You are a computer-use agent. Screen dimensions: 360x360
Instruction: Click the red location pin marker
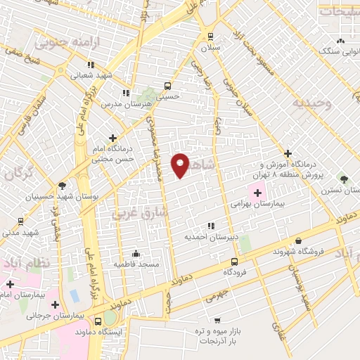click(181, 164)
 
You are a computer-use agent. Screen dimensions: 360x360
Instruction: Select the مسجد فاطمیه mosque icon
click(136, 253)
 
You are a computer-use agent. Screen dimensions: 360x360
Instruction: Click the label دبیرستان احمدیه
click(212, 237)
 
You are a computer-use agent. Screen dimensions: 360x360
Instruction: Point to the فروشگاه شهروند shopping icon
click(298, 240)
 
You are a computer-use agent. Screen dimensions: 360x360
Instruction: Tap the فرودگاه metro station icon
click(236, 262)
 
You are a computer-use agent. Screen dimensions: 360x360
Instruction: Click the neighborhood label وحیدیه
click(311, 103)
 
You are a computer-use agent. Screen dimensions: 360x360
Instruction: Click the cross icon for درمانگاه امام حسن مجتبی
click(112, 138)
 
